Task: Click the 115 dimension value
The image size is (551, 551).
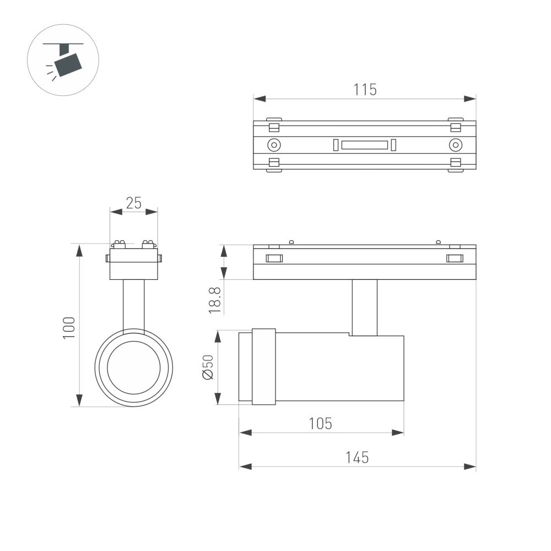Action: pyautogui.click(x=365, y=89)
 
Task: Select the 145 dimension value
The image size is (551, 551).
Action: pyautogui.click(x=357, y=457)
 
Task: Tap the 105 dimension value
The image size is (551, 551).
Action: pyautogui.click(x=321, y=423)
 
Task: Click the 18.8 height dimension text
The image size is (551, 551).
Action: pyautogui.click(x=215, y=301)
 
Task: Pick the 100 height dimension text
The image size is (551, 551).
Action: pyautogui.click(x=68, y=328)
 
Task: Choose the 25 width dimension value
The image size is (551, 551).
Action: pyautogui.click(x=133, y=203)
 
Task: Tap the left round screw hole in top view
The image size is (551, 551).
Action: pyautogui.click(x=274, y=145)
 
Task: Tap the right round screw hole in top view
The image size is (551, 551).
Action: pyautogui.click(x=455, y=145)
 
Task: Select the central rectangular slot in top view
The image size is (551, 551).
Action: pyautogui.click(x=364, y=145)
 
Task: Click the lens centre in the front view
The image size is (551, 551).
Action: pyautogui.click(x=134, y=368)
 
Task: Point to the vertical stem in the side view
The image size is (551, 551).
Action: pyautogui.click(x=365, y=307)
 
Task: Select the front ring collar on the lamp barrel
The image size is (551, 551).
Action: pyautogui.click(x=263, y=367)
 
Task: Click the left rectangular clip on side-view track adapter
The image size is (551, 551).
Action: pyautogui.click(x=274, y=258)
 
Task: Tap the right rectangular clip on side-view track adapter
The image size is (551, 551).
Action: pyautogui.click(x=455, y=258)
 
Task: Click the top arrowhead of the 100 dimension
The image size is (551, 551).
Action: pyautogui.click(x=79, y=250)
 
